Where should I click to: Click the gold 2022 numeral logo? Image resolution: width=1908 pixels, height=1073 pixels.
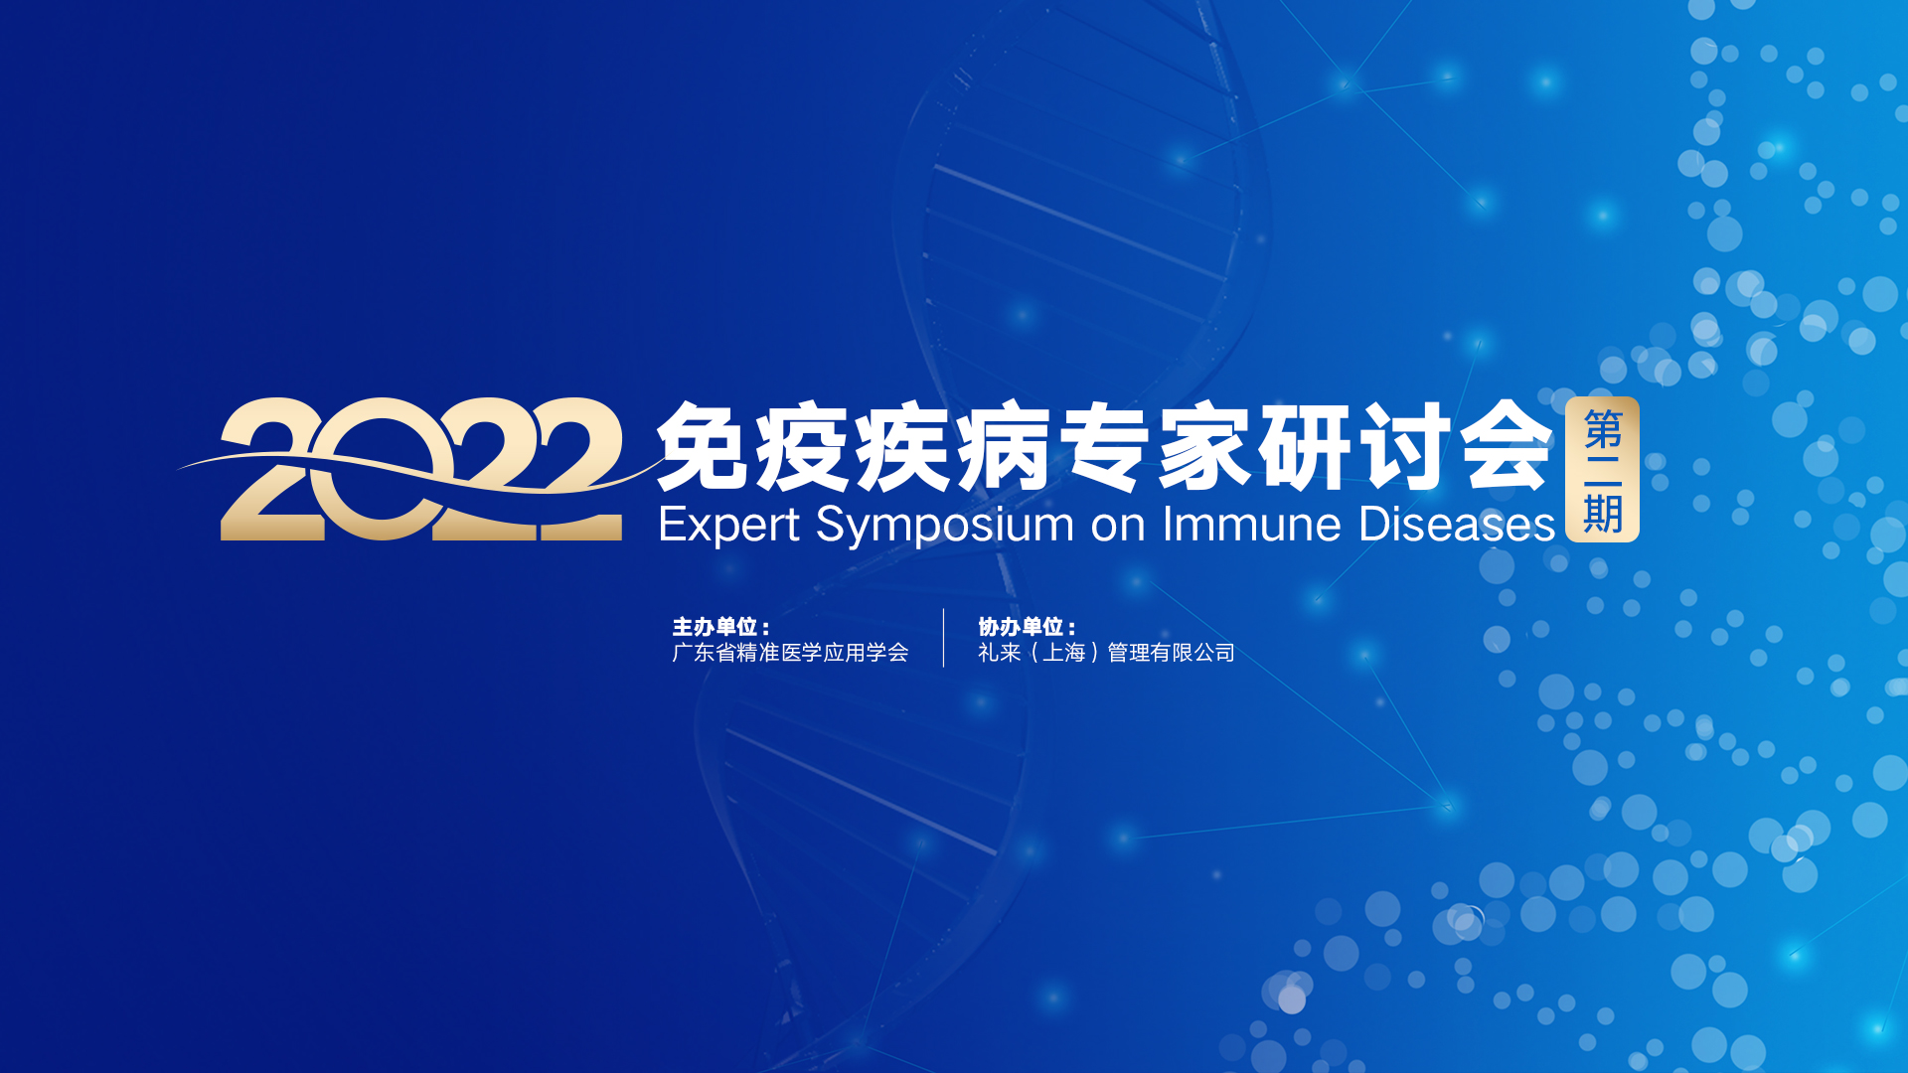(421, 469)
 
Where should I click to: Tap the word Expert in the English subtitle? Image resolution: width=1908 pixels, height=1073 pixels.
(729, 525)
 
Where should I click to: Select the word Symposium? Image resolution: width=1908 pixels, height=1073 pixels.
(945, 525)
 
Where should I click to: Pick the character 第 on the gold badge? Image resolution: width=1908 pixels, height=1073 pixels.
(1603, 429)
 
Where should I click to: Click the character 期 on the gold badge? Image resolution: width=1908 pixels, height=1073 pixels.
(1603, 514)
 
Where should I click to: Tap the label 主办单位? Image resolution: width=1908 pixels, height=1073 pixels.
(715, 627)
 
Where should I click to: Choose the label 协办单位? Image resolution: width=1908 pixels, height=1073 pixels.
(1022, 627)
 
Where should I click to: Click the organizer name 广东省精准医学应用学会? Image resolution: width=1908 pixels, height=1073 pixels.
(790, 653)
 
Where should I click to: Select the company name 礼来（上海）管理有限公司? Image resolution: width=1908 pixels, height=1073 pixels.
(1106, 653)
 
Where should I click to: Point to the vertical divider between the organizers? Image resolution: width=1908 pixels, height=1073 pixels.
(943, 638)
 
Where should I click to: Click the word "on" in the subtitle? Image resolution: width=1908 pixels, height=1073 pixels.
(1118, 527)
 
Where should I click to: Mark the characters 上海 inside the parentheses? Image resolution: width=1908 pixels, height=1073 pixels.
(1064, 653)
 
